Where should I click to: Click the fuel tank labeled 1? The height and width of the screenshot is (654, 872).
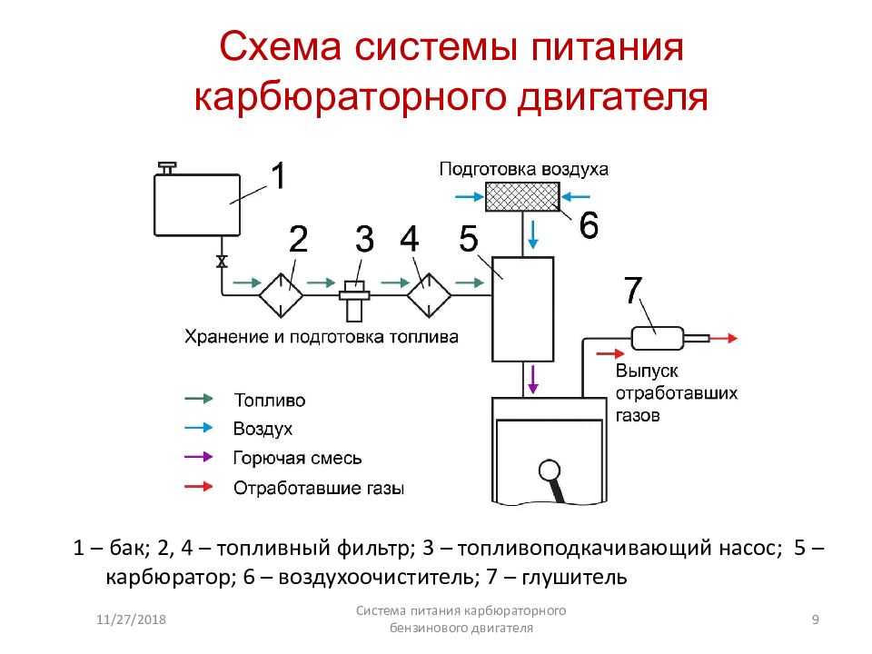197,204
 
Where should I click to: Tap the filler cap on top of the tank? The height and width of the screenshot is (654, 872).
167,168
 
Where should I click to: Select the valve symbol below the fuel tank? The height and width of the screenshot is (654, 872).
222,262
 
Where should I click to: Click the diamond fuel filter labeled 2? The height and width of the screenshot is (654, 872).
281,294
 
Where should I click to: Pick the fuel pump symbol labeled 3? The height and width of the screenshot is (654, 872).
354,301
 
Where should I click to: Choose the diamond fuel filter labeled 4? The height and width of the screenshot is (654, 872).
429,294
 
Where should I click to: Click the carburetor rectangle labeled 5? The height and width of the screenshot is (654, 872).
523,309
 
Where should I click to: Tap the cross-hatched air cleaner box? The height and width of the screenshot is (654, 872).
522,197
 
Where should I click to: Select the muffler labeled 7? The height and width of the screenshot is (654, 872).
658,338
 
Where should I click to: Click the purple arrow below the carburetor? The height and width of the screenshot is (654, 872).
533,380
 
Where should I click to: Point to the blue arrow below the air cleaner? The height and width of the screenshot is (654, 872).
533,234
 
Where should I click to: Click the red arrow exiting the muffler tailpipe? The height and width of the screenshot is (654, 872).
724,338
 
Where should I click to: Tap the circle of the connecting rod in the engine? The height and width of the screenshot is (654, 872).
550,471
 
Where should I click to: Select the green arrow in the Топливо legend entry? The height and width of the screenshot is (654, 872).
199,399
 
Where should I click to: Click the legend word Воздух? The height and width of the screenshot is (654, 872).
263,429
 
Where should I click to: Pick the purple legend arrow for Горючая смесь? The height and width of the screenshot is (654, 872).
199,457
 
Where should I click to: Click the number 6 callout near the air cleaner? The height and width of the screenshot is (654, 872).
589,225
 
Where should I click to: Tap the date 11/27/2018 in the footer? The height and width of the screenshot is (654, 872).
131,619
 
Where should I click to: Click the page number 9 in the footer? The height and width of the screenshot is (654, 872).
816,619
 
